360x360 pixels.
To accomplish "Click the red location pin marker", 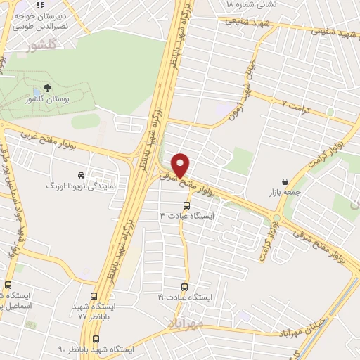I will coord(181,165).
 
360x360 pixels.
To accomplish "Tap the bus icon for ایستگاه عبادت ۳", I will coord(186,205).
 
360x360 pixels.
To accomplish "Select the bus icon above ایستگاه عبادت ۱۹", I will coord(184,287).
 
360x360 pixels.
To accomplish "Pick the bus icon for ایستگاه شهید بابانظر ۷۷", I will coord(94,297).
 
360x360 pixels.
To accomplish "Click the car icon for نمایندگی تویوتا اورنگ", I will coord(82,175).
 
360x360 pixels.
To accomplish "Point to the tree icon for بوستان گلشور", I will coord(47,88).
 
